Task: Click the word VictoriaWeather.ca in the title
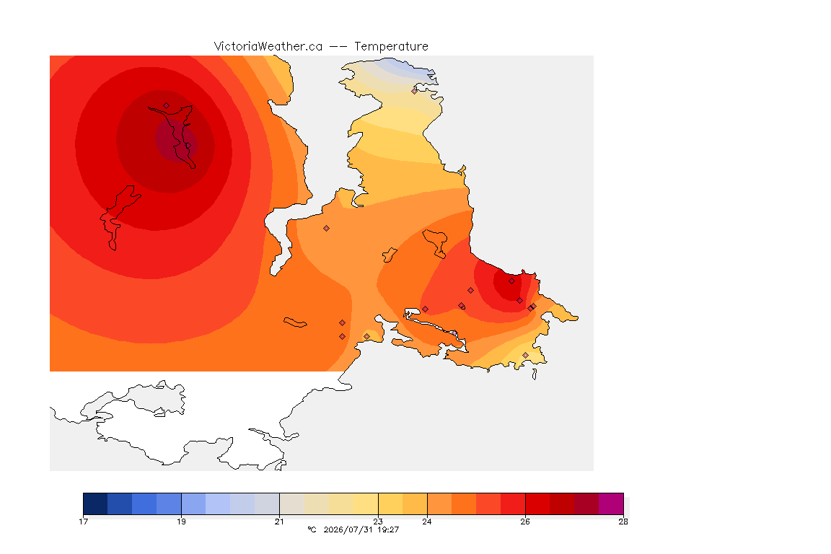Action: coord(268,47)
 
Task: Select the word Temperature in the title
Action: coord(391,47)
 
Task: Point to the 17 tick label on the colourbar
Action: coord(83,522)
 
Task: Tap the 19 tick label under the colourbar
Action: coord(181,522)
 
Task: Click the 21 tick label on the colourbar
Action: coord(279,522)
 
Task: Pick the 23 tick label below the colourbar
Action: coord(378,522)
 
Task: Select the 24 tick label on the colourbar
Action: coord(426,522)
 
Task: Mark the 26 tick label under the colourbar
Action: coord(524,522)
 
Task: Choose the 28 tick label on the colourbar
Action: coord(623,522)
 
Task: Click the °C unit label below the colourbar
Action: coord(312,529)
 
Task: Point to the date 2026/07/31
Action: coord(348,529)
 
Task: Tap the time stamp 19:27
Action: coord(388,529)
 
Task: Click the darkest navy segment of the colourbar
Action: coord(95,504)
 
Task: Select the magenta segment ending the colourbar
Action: coord(611,504)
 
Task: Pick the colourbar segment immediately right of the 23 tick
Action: coord(390,504)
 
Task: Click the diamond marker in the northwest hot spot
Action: coord(167,106)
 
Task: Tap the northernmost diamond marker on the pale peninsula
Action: coord(415,91)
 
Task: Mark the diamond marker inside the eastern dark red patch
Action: coord(511,281)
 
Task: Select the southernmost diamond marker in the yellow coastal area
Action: coord(525,355)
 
